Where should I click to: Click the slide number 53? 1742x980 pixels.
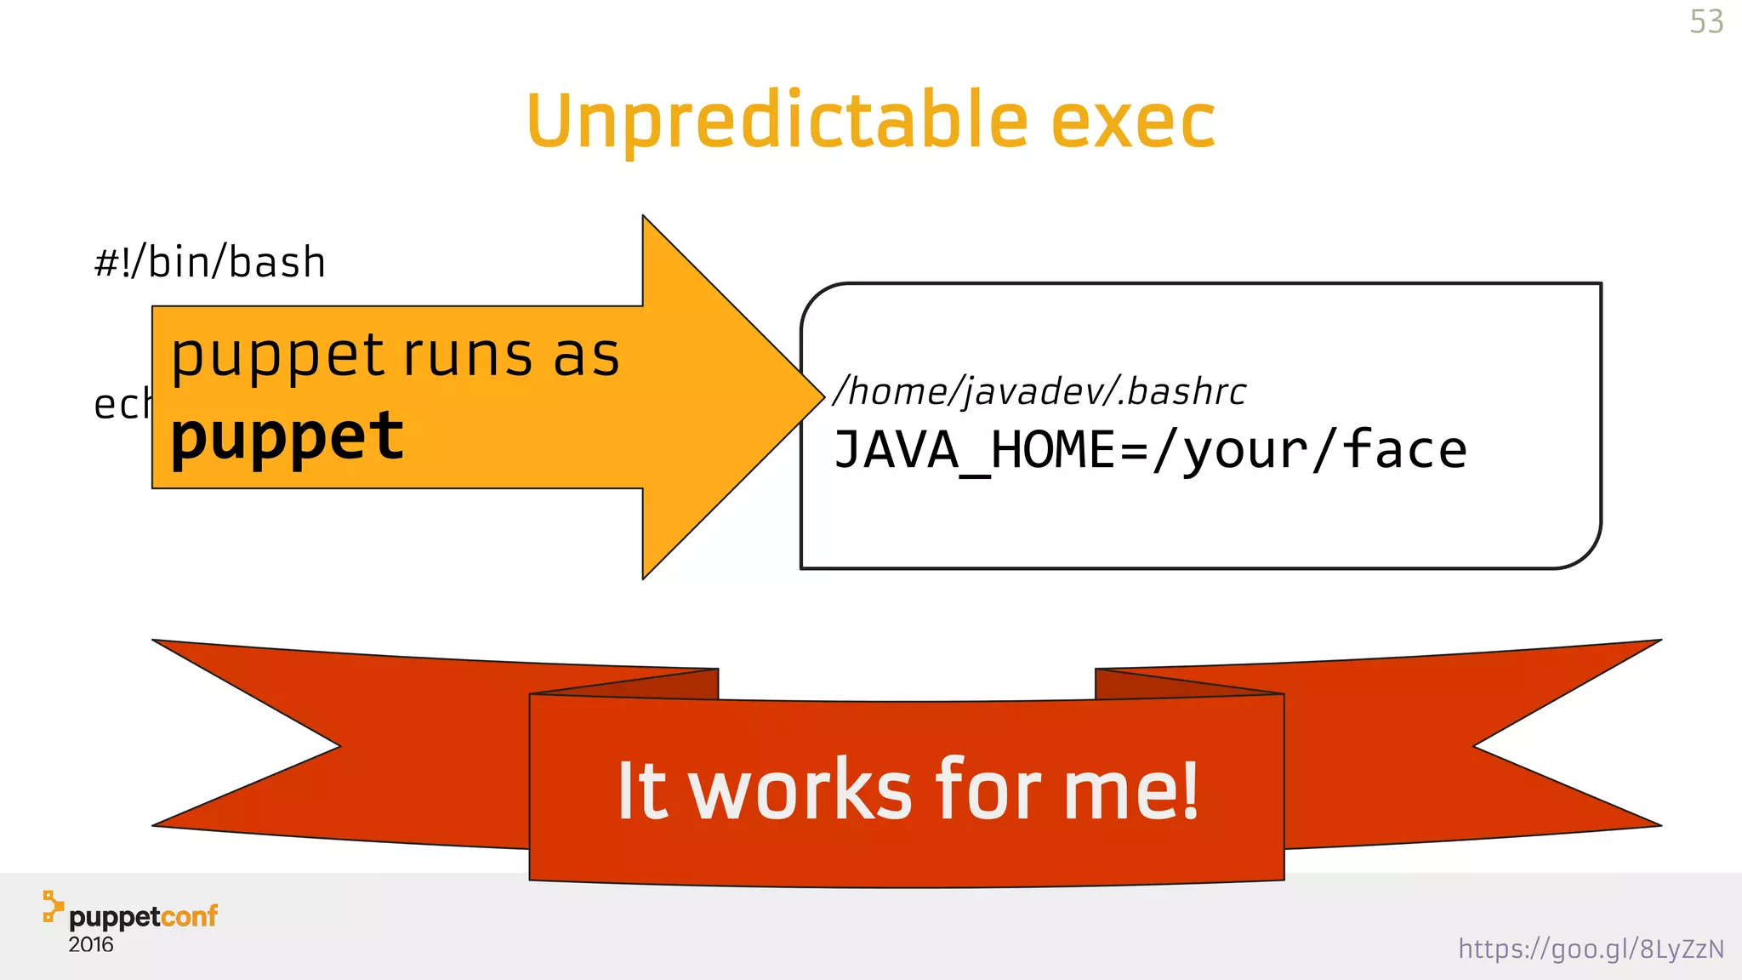pos(1706,22)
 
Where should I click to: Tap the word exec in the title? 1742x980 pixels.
pos(1132,122)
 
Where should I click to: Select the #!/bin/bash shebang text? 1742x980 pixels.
pos(210,262)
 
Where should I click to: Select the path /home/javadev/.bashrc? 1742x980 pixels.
pos(1039,391)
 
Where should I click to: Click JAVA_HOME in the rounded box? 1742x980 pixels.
pos(975,450)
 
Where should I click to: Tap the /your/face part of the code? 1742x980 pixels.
pos(1310,450)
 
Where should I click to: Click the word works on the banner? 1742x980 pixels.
pos(800,791)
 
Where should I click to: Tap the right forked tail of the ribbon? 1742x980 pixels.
pos(1531,749)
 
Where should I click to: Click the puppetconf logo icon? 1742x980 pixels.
pos(53,907)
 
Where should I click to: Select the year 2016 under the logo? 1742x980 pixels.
pos(91,945)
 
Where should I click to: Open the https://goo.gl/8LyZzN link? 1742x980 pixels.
pos(1591,949)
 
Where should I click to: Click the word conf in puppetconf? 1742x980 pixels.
pos(189,916)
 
